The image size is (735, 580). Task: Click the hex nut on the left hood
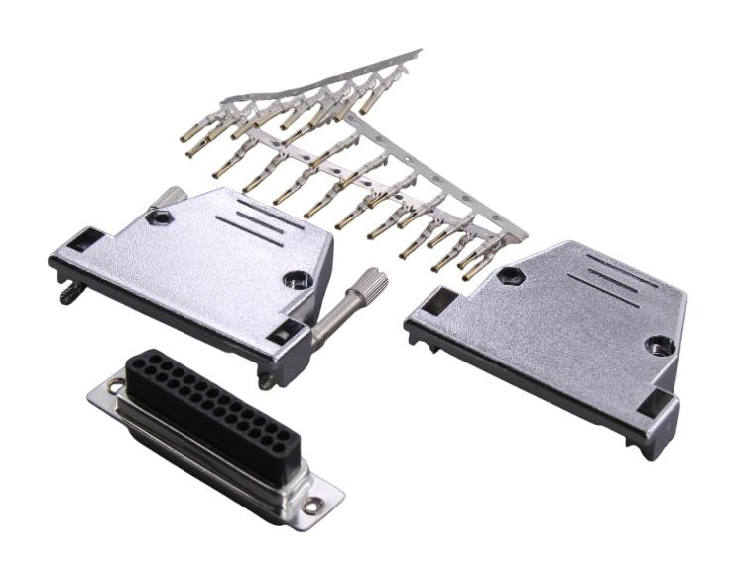[x=156, y=217]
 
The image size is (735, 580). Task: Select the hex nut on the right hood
[x=509, y=276]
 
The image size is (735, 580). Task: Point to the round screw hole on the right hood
[x=656, y=346]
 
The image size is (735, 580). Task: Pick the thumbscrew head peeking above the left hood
[x=173, y=195]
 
